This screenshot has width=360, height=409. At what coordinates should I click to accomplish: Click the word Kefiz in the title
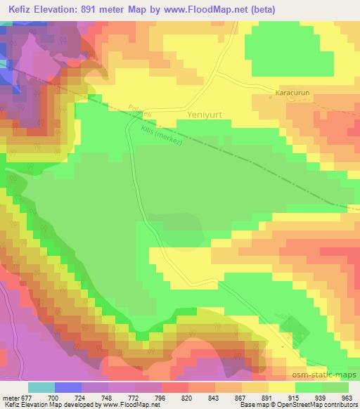click(23, 9)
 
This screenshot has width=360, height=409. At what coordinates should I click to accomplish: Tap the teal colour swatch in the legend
click(41, 387)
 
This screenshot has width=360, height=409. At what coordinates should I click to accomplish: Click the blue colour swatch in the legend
click(67, 387)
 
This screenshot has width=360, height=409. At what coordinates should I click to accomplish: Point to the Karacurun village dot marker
click(271, 96)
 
